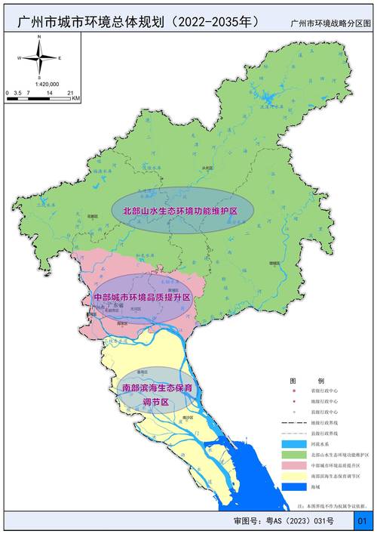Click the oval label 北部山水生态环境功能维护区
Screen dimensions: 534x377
tap(175, 209)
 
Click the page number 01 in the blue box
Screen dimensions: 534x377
tap(363, 521)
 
